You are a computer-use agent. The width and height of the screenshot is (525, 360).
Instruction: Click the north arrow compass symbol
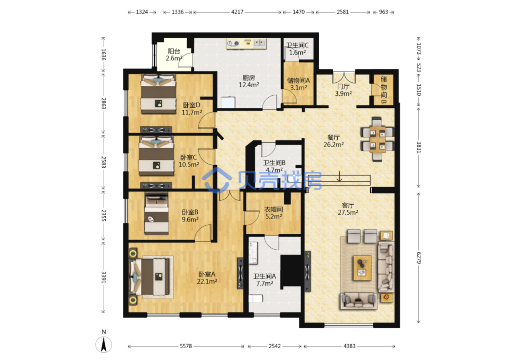[x=103, y=344]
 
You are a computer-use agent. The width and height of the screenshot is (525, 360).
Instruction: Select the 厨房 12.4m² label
[x=249, y=81]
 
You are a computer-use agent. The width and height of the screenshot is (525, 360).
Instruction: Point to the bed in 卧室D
[x=158, y=94]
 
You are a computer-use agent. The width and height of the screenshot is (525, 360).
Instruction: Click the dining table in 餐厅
[x=378, y=140]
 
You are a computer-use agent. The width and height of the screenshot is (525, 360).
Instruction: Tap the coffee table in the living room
[x=362, y=268]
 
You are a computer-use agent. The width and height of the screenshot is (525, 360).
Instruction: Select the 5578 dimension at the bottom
[x=186, y=346]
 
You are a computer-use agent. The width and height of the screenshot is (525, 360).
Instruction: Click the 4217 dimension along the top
[x=237, y=12]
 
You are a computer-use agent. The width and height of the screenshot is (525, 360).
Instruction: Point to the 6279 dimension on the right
[x=419, y=258]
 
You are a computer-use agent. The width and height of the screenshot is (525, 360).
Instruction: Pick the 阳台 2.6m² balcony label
[x=174, y=55]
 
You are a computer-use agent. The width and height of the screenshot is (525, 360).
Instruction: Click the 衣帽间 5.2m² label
[x=273, y=213]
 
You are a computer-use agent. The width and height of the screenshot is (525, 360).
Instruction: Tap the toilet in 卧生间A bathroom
[x=256, y=298]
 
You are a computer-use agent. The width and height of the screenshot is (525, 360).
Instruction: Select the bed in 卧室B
[x=156, y=213]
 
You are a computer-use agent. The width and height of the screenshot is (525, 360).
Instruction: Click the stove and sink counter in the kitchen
[x=246, y=43]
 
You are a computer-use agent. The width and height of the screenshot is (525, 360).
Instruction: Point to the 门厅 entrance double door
[x=344, y=77]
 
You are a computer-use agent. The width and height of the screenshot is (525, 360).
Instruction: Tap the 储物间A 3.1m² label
[x=298, y=84]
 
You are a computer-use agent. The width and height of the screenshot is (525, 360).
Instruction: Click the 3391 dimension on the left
[x=103, y=277]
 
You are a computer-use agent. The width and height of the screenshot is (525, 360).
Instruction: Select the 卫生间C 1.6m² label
[x=297, y=49]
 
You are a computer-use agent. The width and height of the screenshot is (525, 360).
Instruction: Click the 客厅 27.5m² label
[x=348, y=209]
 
